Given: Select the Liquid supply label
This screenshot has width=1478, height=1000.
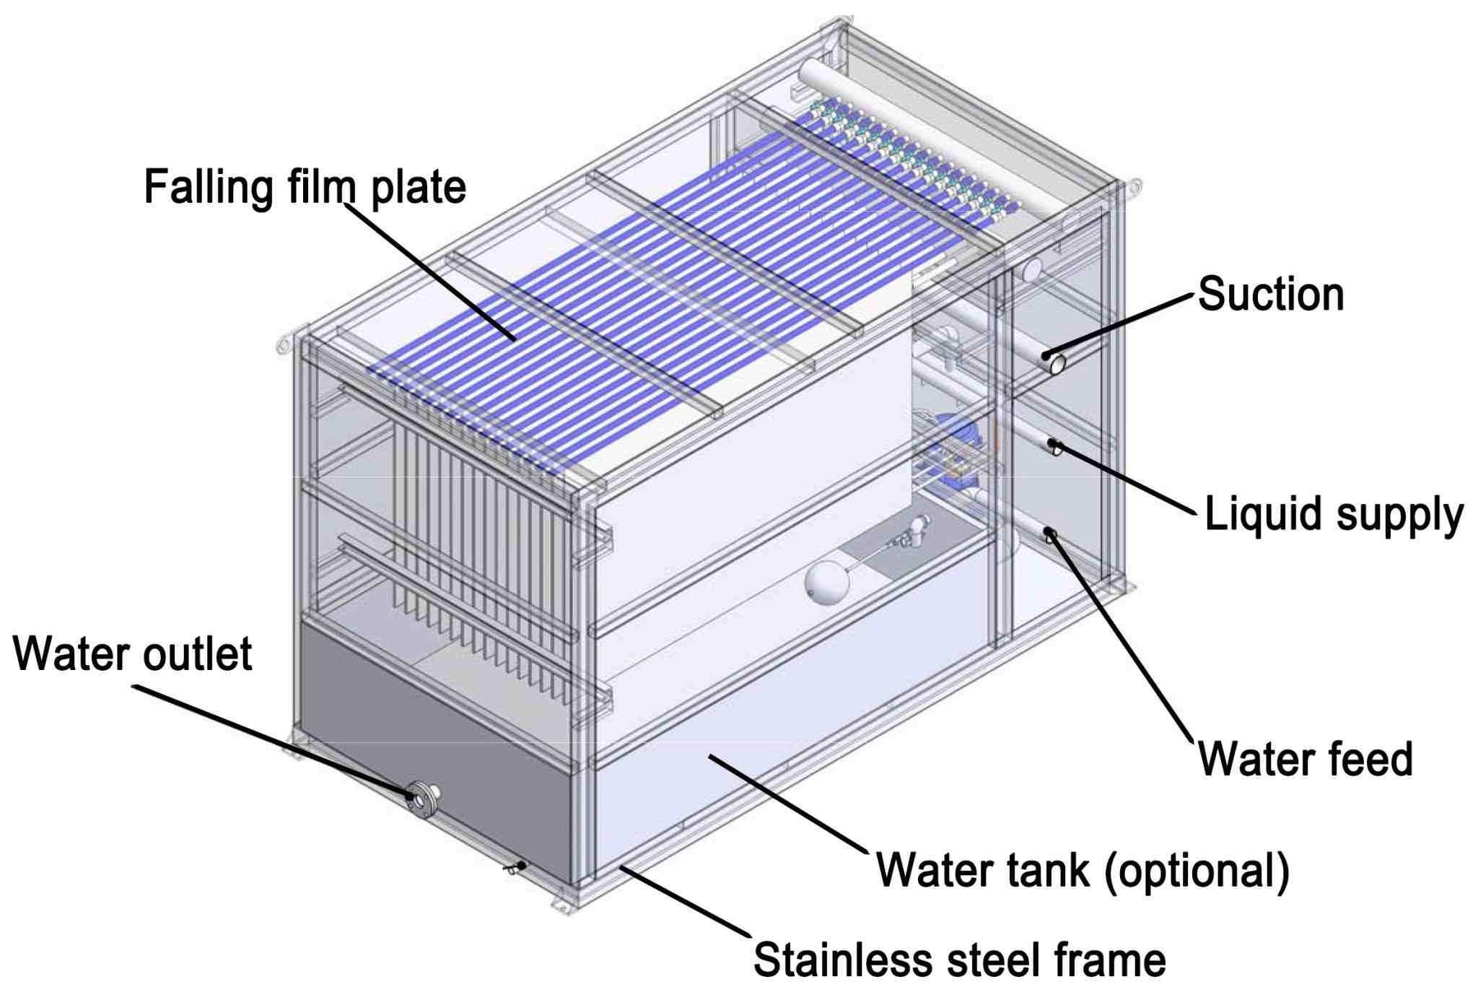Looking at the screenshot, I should [x=1334, y=514].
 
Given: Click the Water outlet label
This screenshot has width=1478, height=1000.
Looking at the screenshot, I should [x=133, y=653].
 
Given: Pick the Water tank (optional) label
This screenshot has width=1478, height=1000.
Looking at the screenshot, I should [x=1083, y=869].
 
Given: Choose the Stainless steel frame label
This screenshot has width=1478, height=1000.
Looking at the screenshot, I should [x=959, y=960].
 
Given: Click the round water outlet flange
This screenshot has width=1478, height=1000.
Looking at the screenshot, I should [x=422, y=798].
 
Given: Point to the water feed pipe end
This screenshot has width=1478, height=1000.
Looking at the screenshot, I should [x=1051, y=535].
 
